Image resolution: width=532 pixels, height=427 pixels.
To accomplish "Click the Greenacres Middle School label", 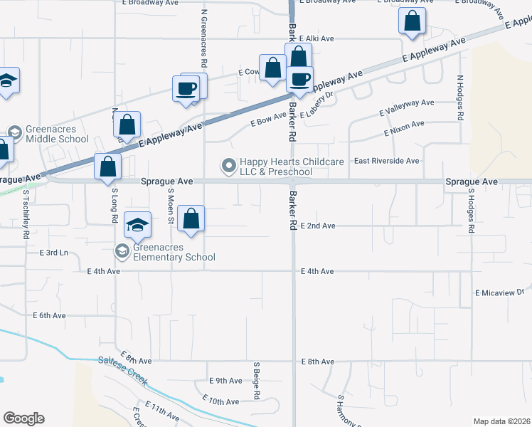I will (57, 135).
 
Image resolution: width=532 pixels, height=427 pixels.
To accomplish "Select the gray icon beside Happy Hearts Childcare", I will (229, 167).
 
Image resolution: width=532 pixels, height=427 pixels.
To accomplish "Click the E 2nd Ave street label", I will (318, 226).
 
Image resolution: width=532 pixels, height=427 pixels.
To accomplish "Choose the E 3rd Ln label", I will (54, 253).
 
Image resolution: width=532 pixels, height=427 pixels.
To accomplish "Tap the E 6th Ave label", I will (49, 315).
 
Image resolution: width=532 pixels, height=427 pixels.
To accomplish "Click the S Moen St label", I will (171, 206).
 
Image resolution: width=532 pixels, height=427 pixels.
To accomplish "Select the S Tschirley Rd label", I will (26, 213).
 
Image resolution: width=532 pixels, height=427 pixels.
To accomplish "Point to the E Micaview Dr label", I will (499, 292).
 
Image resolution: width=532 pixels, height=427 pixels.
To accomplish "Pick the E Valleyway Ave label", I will (407, 107).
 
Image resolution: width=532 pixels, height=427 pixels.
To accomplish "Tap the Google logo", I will (23, 418).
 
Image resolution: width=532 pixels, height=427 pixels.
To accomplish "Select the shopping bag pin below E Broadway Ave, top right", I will (412, 23).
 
